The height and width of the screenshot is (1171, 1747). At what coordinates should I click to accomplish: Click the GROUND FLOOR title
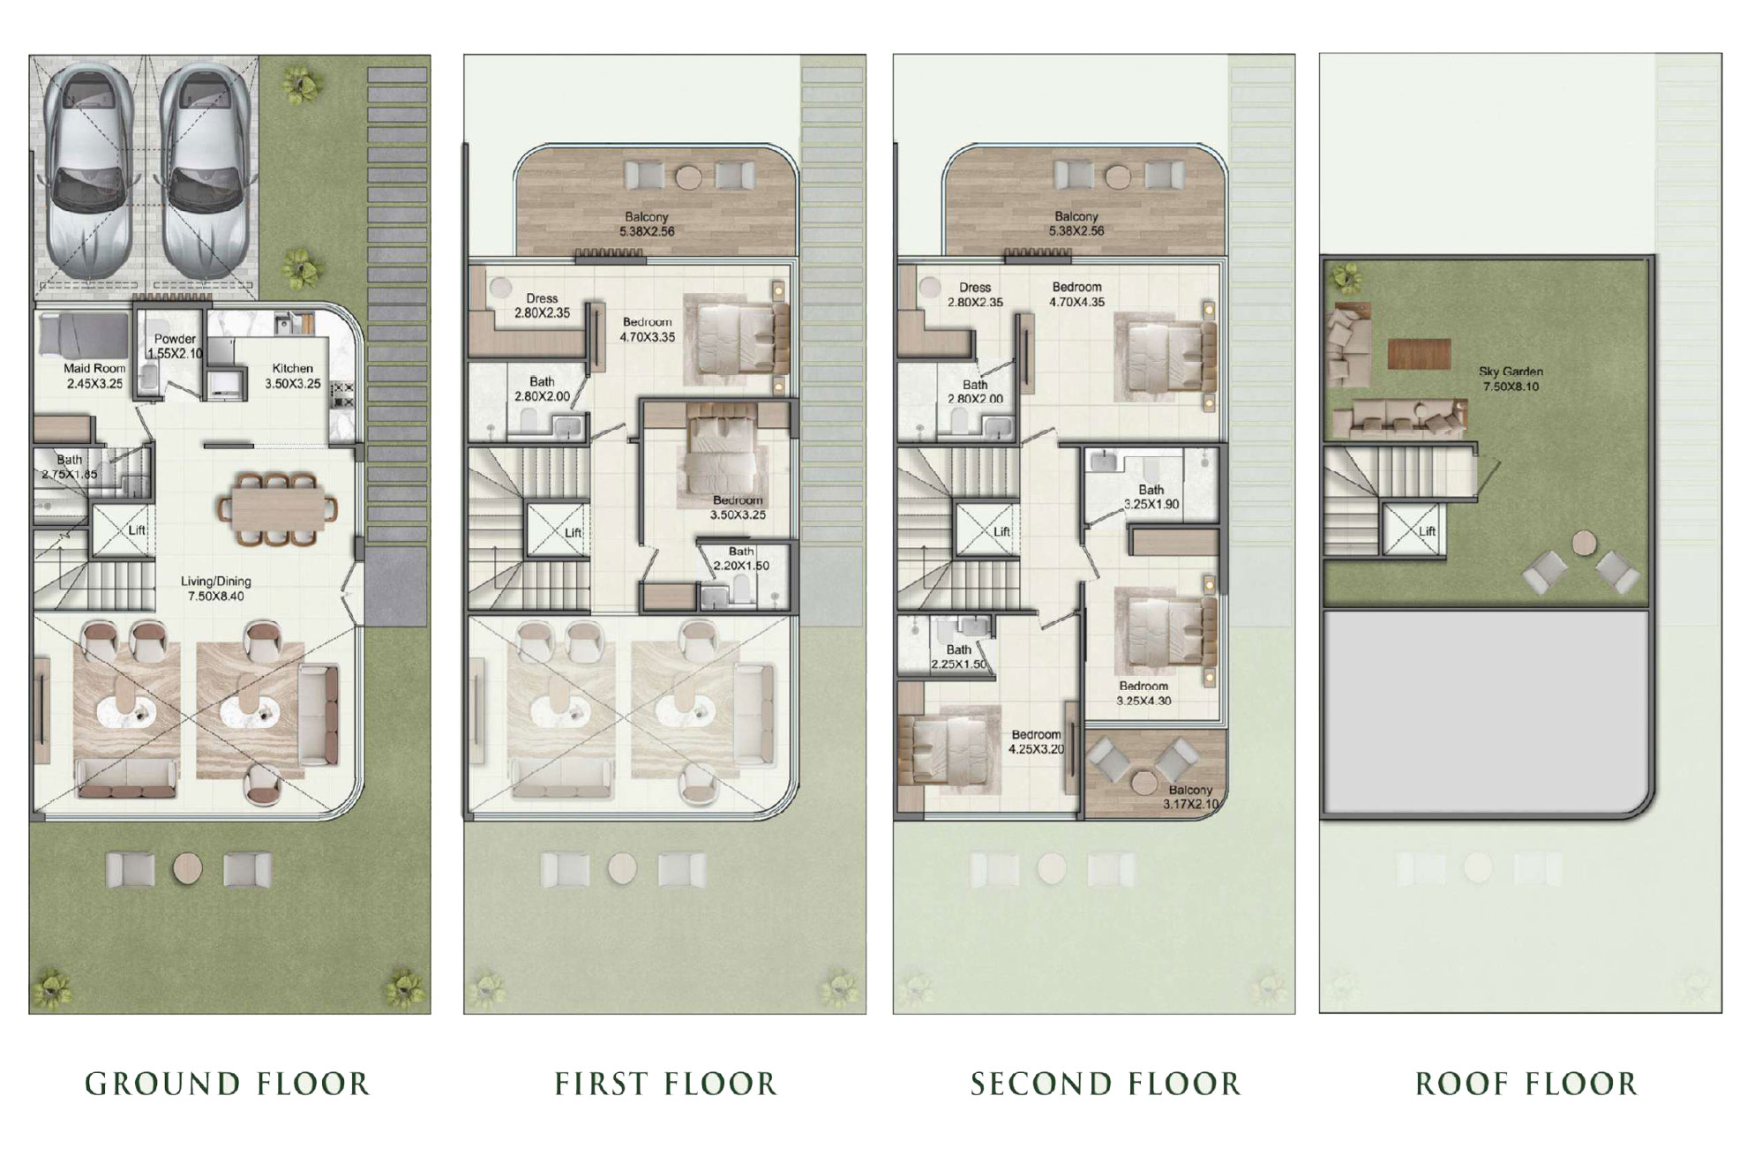point(228,1084)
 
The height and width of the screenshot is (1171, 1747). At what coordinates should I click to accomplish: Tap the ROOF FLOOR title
point(1526,1084)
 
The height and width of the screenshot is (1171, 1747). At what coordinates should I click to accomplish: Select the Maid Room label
point(94,376)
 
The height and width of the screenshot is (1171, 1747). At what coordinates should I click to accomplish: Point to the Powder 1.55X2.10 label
point(175,346)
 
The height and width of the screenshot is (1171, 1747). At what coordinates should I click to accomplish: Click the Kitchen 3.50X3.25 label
point(293,376)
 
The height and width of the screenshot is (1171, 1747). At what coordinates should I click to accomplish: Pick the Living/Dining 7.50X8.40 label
point(216,589)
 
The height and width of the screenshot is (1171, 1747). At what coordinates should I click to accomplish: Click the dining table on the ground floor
point(277,509)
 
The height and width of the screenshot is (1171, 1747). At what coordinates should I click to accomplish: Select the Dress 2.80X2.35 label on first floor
point(542,305)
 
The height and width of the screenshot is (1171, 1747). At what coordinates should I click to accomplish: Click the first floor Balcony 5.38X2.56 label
point(647,224)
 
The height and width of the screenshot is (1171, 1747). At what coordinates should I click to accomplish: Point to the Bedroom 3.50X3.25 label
point(738,507)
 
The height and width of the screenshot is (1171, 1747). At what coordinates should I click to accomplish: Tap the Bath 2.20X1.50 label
point(741,559)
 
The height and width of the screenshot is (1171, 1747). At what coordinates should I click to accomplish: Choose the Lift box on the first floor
point(556,531)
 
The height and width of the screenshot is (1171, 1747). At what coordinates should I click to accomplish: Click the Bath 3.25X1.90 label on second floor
point(1151,497)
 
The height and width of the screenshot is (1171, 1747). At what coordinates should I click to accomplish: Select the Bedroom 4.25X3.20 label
point(1037,742)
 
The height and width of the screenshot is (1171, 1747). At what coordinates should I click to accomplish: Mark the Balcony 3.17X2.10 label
point(1190,797)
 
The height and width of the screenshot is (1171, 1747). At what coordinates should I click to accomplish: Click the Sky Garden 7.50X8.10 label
point(1511,379)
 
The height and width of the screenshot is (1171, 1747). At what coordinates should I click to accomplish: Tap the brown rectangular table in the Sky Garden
point(1419,354)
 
